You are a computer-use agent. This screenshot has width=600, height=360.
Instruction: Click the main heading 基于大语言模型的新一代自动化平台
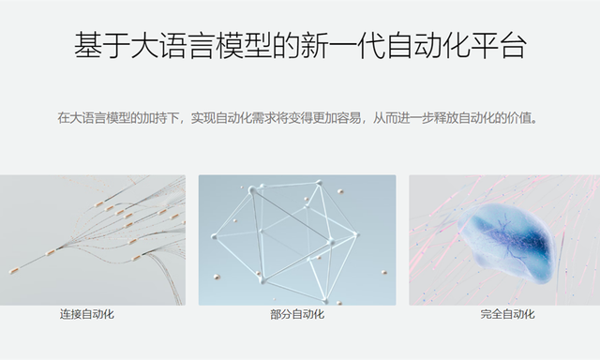[300, 46]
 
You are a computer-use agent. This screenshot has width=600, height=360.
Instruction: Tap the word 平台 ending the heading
[499, 46]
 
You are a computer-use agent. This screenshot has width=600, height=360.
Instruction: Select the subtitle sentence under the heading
[298, 118]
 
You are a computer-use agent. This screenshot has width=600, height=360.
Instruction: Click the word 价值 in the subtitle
[519, 118]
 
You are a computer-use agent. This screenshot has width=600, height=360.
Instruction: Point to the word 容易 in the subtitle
[349, 118]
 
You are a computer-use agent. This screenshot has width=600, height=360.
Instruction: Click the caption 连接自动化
[87, 314]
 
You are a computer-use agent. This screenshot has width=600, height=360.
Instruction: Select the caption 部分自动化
[297, 314]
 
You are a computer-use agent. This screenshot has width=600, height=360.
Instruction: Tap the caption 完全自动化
[508, 314]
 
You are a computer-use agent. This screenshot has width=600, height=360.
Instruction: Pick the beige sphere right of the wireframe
[383, 273]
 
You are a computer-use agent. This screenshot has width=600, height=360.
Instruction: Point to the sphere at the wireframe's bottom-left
[217, 277]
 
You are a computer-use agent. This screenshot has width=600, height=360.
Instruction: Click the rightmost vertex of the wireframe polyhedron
[356, 234]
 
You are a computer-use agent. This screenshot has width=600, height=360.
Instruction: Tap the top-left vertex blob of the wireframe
[252, 189]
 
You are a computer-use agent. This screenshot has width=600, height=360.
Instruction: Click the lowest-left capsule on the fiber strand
[14, 271]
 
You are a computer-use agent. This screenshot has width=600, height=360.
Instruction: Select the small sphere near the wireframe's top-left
[242, 187]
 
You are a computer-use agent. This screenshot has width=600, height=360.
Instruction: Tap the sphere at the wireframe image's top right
[340, 191]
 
